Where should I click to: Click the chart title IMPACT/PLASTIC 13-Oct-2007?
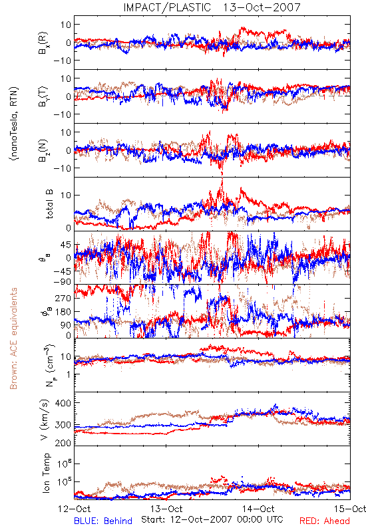pyautogui.click(x=212, y=7)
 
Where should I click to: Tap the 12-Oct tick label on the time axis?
pyautogui.click(x=75, y=509)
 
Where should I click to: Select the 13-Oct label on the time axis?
pyautogui.click(x=166, y=509)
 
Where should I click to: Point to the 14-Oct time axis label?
pyautogui.click(x=258, y=509)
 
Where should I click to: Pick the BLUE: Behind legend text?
pyautogui.click(x=103, y=521)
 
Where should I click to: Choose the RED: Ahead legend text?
pyautogui.click(x=325, y=521)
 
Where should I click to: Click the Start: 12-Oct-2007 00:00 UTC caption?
pyautogui.click(x=212, y=519)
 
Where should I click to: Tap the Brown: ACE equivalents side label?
pyautogui.click(x=13, y=338)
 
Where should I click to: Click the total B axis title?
pyautogui.click(x=49, y=204)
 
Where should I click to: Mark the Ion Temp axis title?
pyautogui.click(x=46, y=473)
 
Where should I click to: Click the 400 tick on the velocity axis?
pyautogui.click(x=63, y=403)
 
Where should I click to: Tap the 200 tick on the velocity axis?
pyautogui.click(x=63, y=443)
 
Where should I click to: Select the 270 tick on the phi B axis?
pyautogui.click(x=63, y=298)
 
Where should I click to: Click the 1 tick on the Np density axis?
pyautogui.click(x=69, y=374)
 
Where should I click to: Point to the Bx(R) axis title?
pyautogui.click(x=43, y=43)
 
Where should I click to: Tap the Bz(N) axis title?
pyautogui.click(x=43, y=150)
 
